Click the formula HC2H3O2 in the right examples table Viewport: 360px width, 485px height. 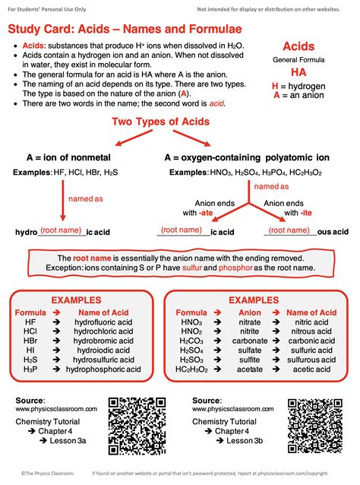point(191,369)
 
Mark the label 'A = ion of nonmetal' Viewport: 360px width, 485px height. point(65,157)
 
